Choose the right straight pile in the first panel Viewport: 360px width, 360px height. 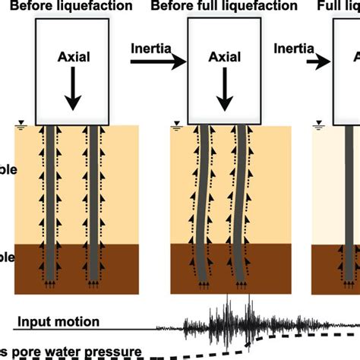[x=93, y=205]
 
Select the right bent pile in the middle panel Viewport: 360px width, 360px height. [x=242, y=205]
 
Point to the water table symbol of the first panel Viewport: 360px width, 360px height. [x=23, y=124]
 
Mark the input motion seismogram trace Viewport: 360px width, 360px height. [x=228, y=321]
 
